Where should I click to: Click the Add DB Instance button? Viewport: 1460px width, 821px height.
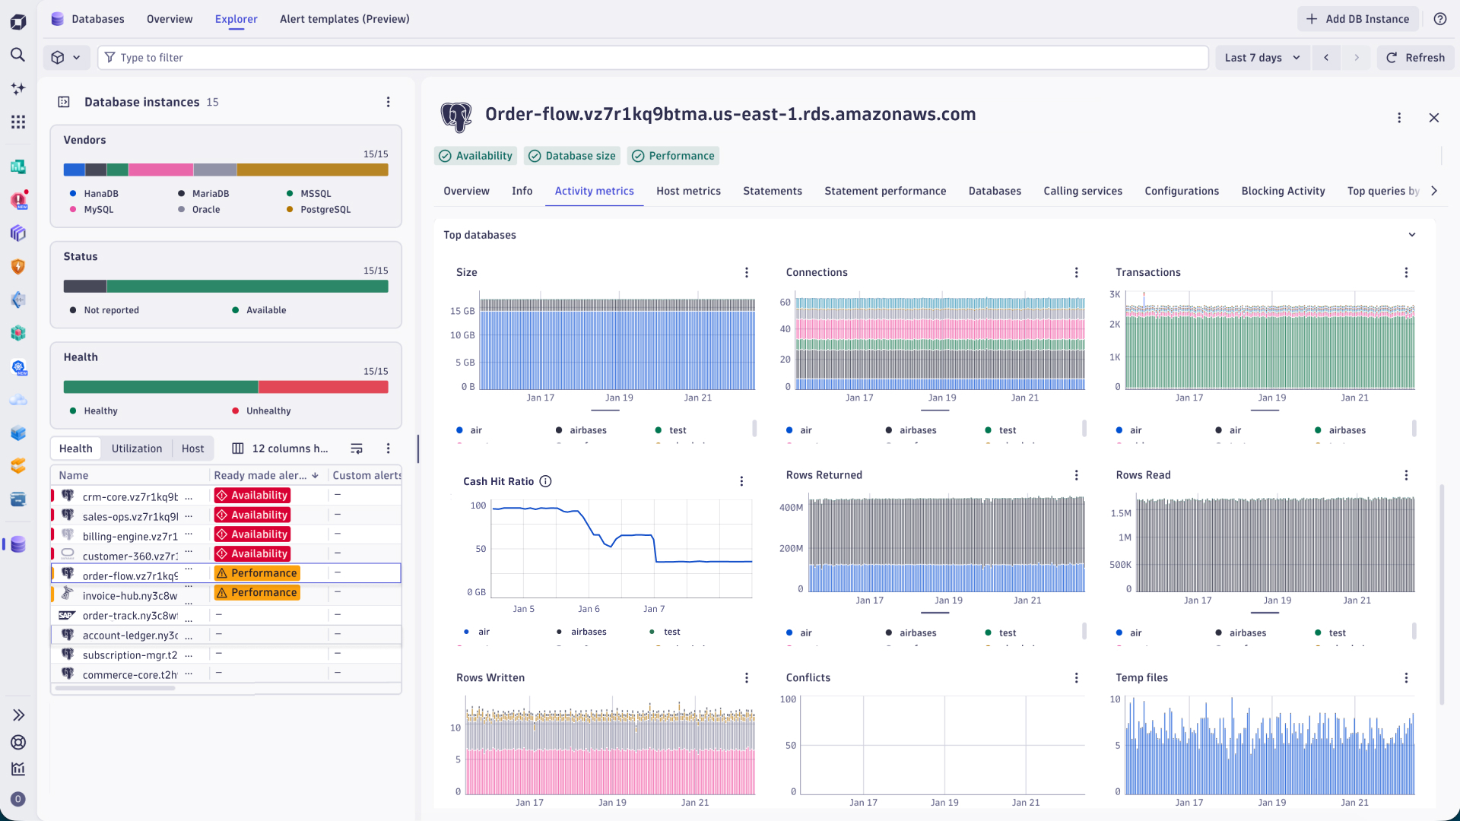(1358, 19)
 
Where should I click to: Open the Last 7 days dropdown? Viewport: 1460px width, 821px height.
(1262, 58)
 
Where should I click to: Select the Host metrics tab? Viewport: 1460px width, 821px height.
(688, 191)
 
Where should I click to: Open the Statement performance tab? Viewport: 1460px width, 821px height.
(885, 191)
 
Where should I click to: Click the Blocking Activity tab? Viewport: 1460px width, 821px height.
(1283, 191)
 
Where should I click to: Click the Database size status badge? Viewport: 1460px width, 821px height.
(572, 156)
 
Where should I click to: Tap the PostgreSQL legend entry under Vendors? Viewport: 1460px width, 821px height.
(325, 210)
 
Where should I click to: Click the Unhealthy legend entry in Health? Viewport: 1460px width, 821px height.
(268, 411)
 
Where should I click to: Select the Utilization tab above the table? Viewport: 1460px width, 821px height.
(137, 449)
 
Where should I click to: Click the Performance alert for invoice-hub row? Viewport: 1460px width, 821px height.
(257, 593)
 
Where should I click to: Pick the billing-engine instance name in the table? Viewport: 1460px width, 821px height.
(130, 537)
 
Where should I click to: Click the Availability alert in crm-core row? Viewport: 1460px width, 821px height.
(252, 496)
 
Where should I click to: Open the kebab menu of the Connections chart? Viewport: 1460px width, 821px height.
(1076, 273)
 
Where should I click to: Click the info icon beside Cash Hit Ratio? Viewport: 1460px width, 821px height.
(545, 481)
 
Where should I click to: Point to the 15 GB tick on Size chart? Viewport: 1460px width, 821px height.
(462, 311)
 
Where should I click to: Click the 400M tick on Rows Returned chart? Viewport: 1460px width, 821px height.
(791, 508)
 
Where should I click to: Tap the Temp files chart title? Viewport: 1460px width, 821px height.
(1141, 678)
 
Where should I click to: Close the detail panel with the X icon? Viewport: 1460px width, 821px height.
(1434, 118)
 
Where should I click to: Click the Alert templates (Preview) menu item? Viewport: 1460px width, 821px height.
(344, 19)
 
